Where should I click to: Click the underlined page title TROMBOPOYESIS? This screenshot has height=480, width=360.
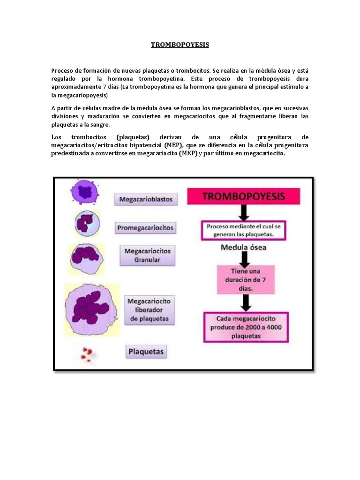click(x=180, y=45)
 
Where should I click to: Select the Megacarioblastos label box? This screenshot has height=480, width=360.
click(x=146, y=200)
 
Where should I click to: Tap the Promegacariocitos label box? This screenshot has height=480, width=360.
click(x=145, y=228)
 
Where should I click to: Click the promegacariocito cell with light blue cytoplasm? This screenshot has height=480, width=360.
click(x=86, y=223)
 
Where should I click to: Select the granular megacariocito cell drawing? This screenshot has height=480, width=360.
click(x=86, y=255)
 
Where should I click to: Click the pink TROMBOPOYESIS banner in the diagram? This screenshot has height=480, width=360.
click(x=243, y=197)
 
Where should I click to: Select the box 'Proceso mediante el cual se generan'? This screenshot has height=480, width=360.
click(x=243, y=230)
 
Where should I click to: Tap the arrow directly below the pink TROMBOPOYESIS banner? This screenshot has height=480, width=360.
click(x=243, y=213)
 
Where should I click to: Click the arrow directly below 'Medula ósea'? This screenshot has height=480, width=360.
click(x=243, y=259)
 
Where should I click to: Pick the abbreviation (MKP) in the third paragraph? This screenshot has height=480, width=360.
click(x=187, y=154)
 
